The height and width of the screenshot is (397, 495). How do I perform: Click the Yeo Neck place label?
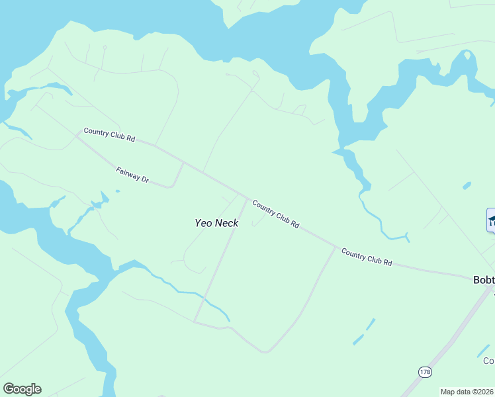coord(216,223)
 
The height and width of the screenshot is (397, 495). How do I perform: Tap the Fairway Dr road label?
coord(133,175)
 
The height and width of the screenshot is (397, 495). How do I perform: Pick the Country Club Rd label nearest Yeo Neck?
coord(275,215)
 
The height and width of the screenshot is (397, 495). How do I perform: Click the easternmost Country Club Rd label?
coord(367,257)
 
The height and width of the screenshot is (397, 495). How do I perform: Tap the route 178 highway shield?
coord(425,373)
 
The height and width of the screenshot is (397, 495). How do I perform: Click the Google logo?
coord(22,389)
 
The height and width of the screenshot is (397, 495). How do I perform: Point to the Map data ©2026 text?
coord(467,392)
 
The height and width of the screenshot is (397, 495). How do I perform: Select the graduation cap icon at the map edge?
coord(491,220)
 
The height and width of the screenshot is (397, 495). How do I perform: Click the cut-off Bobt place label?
coord(484,280)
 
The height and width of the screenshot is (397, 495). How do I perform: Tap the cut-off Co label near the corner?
coord(488,361)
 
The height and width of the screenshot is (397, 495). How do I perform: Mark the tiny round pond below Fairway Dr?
coord(117,191)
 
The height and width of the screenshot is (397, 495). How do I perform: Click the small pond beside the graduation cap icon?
coord(467,185)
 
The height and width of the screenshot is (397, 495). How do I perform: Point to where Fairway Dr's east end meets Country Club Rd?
coord(183,162)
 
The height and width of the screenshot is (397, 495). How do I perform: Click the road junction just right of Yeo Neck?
coord(248,198)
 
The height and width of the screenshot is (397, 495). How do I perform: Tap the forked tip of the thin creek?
coord(406,236)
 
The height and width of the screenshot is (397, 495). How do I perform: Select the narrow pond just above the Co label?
coord(484,351)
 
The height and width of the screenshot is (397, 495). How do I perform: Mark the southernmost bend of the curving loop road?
coord(265,352)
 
